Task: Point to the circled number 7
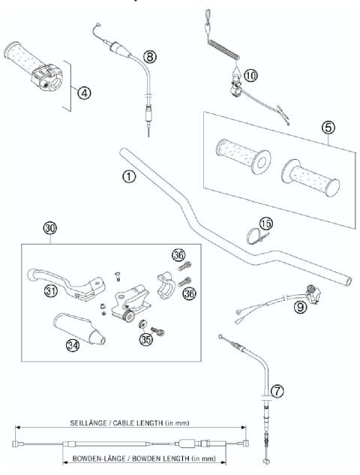pyautogui.click(x=277, y=390)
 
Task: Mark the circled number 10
pyautogui.click(x=250, y=74)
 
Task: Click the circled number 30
pyautogui.click(x=51, y=227)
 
